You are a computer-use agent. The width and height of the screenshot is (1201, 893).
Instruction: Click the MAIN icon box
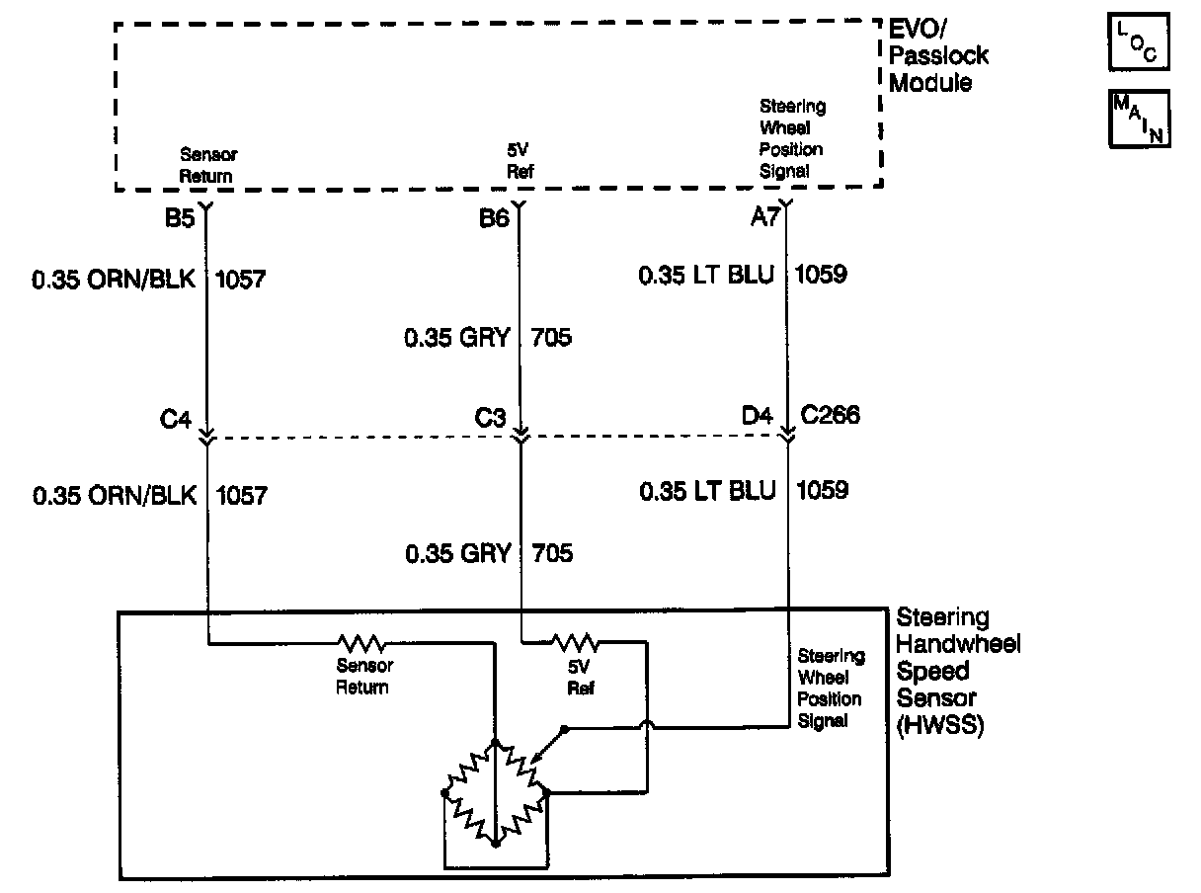pos(1140,119)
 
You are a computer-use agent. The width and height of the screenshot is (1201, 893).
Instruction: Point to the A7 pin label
pos(765,217)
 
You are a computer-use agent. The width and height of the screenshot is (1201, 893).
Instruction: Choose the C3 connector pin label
pos(490,419)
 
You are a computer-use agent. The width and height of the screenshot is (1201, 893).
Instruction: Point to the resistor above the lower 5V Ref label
pos(574,643)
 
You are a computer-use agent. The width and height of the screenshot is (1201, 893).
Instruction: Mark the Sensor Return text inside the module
pos(208,166)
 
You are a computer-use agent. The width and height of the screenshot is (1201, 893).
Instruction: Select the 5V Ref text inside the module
pos(520,159)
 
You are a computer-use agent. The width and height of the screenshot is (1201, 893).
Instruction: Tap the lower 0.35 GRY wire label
pos(457,553)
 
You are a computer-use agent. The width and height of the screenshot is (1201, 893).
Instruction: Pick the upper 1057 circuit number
pos(240,281)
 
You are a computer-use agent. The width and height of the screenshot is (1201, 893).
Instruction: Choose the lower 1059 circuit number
pos(821,490)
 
